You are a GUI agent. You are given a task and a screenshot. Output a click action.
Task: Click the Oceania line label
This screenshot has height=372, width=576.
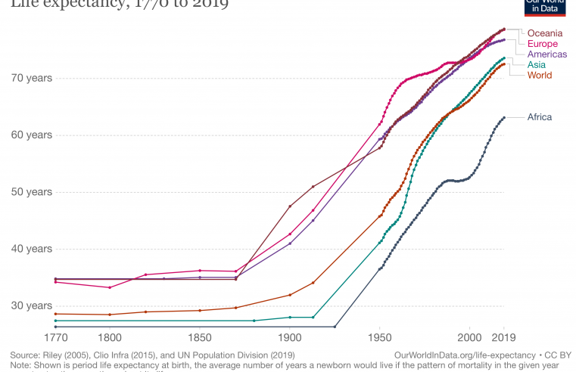[x=544, y=33]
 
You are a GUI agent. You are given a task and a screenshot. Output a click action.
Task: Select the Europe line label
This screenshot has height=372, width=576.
[x=543, y=44]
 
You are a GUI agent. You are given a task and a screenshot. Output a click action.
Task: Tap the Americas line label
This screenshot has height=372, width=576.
[x=547, y=54]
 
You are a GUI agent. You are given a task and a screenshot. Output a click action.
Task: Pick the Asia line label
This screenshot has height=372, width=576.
[x=537, y=65]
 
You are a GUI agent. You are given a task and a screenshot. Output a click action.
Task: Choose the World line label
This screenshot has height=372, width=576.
[x=540, y=76]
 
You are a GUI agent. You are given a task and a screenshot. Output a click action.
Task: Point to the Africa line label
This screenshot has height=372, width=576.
[x=540, y=117]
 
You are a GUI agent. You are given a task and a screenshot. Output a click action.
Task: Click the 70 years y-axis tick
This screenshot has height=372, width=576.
[x=31, y=78]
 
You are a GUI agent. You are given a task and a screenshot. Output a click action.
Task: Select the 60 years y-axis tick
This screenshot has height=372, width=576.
[x=31, y=135]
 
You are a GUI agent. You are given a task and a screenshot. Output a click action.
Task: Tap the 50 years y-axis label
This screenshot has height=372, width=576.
[x=31, y=192]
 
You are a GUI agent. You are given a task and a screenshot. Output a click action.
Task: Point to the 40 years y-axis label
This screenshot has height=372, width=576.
[x=31, y=249]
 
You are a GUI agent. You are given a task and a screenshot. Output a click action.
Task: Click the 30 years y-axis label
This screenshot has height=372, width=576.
[x=31, y=305]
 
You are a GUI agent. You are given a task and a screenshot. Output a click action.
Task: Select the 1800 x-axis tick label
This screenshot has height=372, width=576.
[x=110, y=339]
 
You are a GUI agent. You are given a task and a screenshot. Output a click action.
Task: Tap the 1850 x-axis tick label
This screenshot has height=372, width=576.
[x=200, y=339]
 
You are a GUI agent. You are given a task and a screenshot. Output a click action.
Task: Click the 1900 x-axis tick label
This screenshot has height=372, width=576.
[x=290, y=339]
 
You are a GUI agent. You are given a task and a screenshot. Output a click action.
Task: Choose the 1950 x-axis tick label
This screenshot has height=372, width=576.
[x=380, y=339]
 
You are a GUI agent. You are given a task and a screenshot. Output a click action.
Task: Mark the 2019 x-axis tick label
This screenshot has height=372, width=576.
[x=504, y=339]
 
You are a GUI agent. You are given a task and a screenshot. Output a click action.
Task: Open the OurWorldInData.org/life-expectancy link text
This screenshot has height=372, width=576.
[x=458, y=355]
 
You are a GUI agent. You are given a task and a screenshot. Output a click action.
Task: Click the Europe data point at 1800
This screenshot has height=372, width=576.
[x=110, y=287]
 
